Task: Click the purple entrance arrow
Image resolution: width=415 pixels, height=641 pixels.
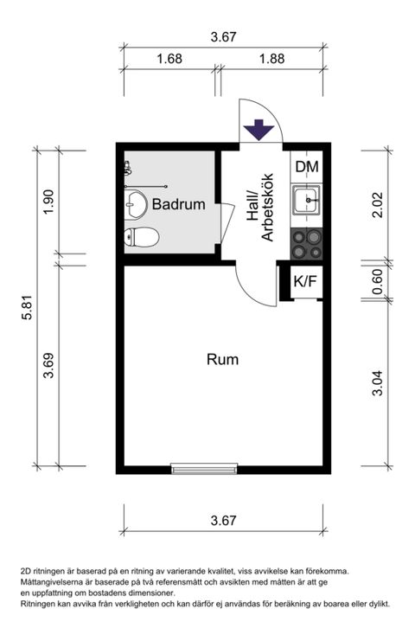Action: pyautogui.click(x=259, y=129)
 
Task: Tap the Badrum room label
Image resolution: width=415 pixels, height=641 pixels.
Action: pyautogui.click(x=178, y=204)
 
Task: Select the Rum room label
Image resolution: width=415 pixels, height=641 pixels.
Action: pyautogui.click(x=222, y=359)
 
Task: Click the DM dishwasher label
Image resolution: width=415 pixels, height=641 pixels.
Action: pyautogui.click(x=307, y=166)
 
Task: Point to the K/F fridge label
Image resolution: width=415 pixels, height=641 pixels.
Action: pyautogui.click(x=305, y=281)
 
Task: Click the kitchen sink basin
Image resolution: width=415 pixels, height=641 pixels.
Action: pyautogui.click(x=307, y=200)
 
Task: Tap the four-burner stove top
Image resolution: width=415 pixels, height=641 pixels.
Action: pyautogui.click(x=306, y=244)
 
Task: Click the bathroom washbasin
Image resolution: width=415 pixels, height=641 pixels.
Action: pyautogui.click(x=136, y=204)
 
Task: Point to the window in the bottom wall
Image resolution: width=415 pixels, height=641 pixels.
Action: pyautogui.click(x=204, y=468)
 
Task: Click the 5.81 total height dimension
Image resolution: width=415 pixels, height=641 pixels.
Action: pyautogui.click(x=27, y=307)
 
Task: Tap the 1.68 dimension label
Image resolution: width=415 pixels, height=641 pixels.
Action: pyautogui.click(x=169, y=59)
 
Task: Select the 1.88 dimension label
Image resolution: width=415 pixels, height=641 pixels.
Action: pyautogui.click(x=271, y=59)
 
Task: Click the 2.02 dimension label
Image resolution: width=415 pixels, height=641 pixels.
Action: pyautogui.click(x=378, y=205)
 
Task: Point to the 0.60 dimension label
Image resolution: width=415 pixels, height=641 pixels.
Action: pyautogui.click(x=378, y=281)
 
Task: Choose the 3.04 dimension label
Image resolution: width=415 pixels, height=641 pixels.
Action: pyautogui.click(x=378, y=382)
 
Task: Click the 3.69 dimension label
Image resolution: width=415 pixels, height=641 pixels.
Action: pyautogui.click(x=48, y=365)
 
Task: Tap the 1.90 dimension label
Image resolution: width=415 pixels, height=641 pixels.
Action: pyautogui.click(x=48, y=202)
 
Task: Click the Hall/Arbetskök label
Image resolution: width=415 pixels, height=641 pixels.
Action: pyautogui.click(x=259, y=208)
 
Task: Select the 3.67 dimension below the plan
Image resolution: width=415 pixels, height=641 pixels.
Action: pyautogui.click(x=223, y=521)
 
